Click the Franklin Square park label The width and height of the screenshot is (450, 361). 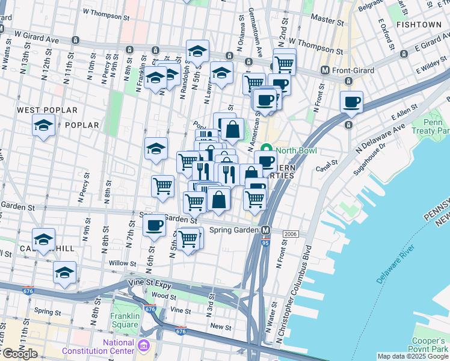coord(125,320)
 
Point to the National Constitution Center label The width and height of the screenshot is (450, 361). coord(118,347)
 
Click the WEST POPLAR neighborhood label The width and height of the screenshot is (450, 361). coord(48,110)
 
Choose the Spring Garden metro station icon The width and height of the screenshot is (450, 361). coord(266,230)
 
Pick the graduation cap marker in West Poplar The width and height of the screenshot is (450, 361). coord(44,126)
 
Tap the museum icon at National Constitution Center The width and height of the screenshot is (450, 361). coord(144,347)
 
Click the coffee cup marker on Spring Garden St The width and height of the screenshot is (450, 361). coord(155,226)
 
